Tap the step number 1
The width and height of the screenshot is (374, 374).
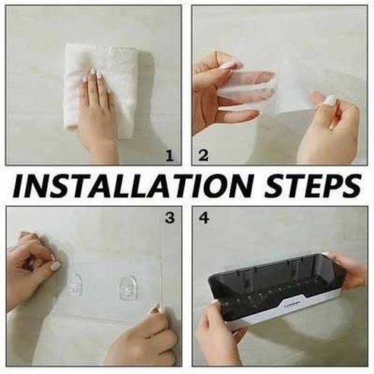click(170, 156)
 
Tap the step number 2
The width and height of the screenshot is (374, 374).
click(203, 156)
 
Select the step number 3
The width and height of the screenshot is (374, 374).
click(170, 218)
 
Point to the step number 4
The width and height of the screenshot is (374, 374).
click(203, 218)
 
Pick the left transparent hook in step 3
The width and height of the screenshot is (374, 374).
click(76, 286)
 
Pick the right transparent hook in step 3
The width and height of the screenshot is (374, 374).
click(127, 287)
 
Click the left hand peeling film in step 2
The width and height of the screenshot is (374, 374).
click(224, 91)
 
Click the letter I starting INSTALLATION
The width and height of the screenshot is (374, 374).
click(19, 186)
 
